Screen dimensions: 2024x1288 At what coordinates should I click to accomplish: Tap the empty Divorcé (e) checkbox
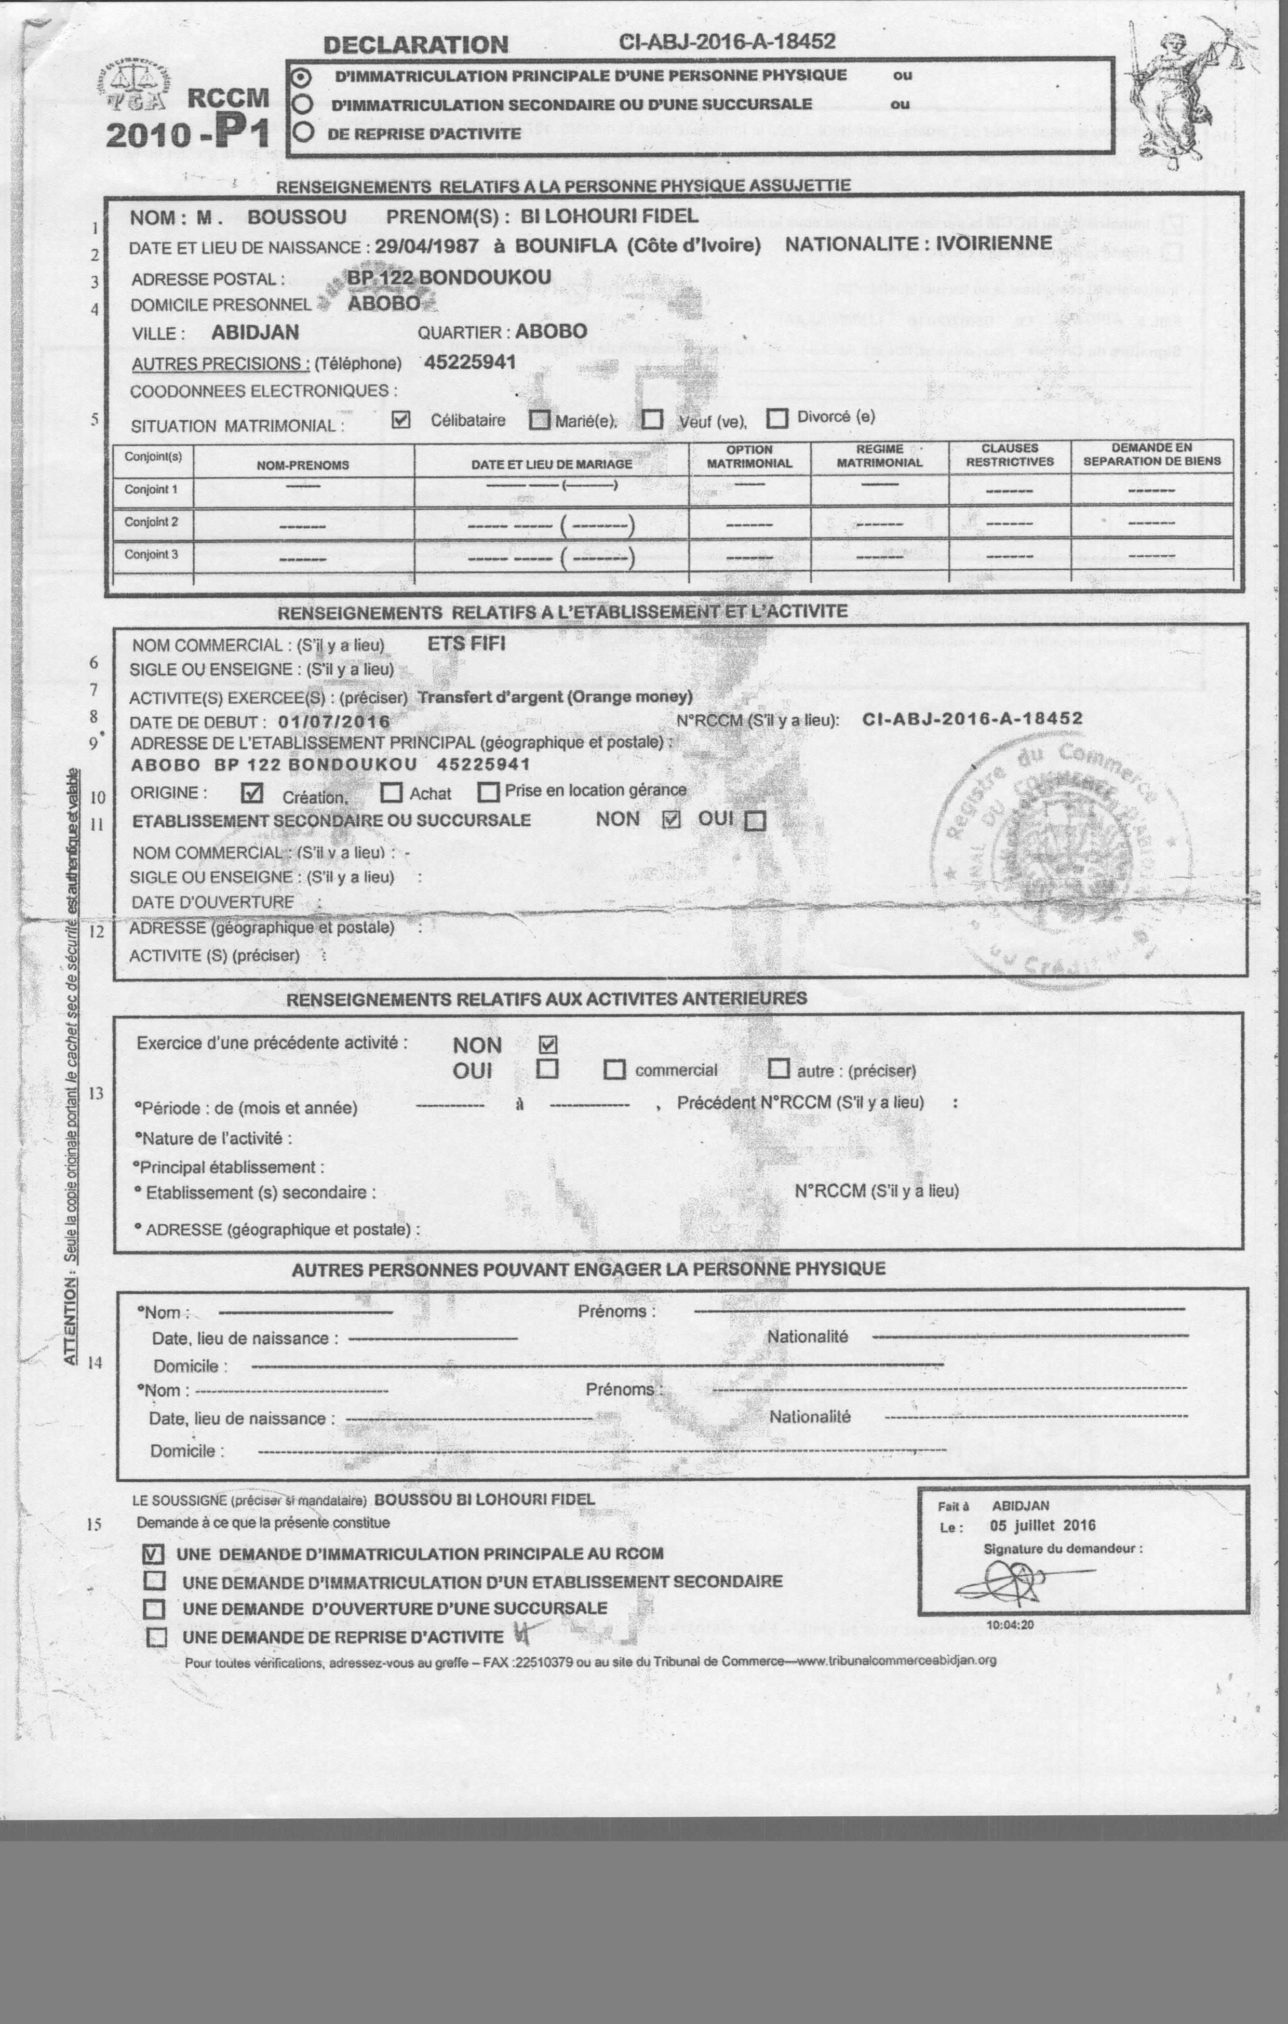click(777, 418)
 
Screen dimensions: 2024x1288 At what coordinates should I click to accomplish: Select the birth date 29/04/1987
click(426, 246)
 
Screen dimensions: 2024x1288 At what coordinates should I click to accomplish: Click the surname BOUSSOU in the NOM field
click(296, 217)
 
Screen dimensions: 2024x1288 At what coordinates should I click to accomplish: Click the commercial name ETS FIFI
click(466, 644)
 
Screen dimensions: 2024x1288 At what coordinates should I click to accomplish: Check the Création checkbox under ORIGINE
click(251, 793)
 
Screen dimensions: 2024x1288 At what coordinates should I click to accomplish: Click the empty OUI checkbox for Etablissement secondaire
click(755, 821)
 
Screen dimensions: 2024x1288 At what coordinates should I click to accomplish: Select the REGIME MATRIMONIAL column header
click(879, 455)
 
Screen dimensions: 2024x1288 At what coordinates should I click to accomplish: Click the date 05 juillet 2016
click(1042, 1525)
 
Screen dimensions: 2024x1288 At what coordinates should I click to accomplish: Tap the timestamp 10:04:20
click(1010, 1625)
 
